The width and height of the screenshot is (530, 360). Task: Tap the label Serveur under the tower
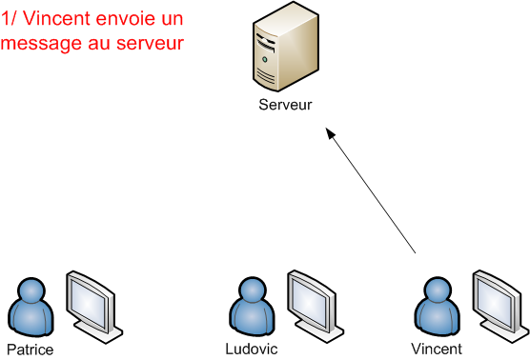pyautogui.click(x=285, y=105)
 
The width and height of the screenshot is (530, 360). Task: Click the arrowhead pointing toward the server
pyautogui.click(x=331, y=137)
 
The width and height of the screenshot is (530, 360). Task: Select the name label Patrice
pyautogui.click(x=30, y=350)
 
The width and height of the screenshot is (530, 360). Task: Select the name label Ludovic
pyautogui.click(x=252, y=349)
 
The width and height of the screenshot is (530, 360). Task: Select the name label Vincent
pyautogui.click(x=436, y=349)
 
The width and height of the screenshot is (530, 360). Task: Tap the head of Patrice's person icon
pyautogui.click(x=31, y=288)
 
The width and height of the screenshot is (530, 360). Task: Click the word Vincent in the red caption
pyautogui.click(x=53, y=19)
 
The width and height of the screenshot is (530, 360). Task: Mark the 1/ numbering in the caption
pyautogui.click(x=10, y=19)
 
